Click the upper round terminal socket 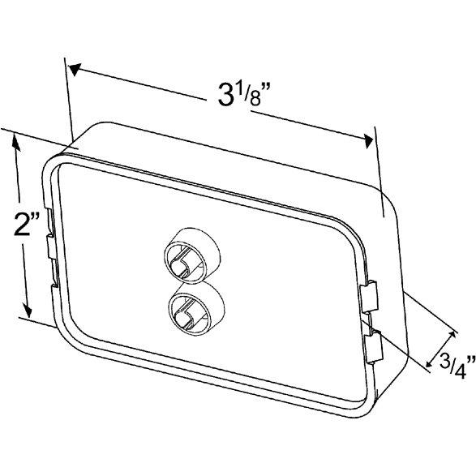click(x=191, y=255)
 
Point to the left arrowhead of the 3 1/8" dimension click(x=75, y=69)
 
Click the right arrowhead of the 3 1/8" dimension click(x=368, y=141)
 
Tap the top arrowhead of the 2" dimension click(x=16, y=142)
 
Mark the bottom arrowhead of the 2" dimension click(x=28, y=311)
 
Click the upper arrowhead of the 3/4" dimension click(x=452, y=335)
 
